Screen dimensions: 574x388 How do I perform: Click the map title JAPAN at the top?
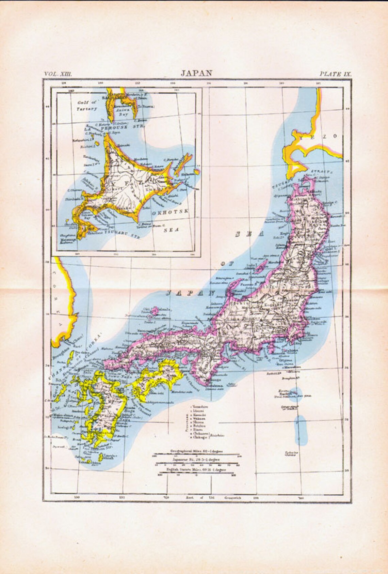196,73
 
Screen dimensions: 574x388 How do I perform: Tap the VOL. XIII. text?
56,74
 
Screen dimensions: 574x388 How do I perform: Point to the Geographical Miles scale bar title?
196,451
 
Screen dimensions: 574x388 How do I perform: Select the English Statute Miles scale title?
196,469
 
